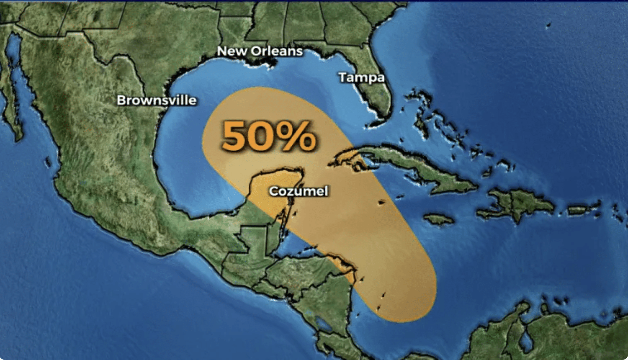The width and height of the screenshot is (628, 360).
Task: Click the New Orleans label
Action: click(x=260, y=51)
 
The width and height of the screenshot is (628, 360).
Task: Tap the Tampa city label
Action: click(x=361, y=77)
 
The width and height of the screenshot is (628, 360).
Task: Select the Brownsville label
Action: click(x=157, y=100)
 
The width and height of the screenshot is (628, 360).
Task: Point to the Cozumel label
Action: click(x=299, y=191)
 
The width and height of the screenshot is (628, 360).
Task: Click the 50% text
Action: click(x=268, y=136)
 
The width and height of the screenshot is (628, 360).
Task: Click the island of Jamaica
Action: click(x=439, y=219)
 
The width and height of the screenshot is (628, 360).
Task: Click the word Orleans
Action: click(x=277, y=51)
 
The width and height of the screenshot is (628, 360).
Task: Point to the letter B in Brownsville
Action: click(x=121, y=100)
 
